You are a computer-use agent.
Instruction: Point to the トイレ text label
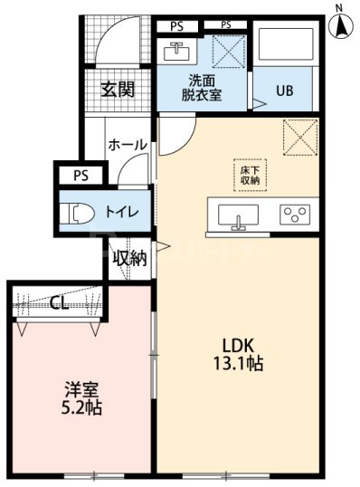[x=121, y=212]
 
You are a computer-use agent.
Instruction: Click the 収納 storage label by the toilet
[x=129, y=258]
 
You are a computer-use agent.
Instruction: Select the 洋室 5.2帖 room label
[x=81, y=399]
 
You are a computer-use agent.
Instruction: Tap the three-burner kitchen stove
[x=294, y=215]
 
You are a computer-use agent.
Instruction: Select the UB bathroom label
[x=285, y=91]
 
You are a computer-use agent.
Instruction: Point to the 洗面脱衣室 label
[x=201, y=86]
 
